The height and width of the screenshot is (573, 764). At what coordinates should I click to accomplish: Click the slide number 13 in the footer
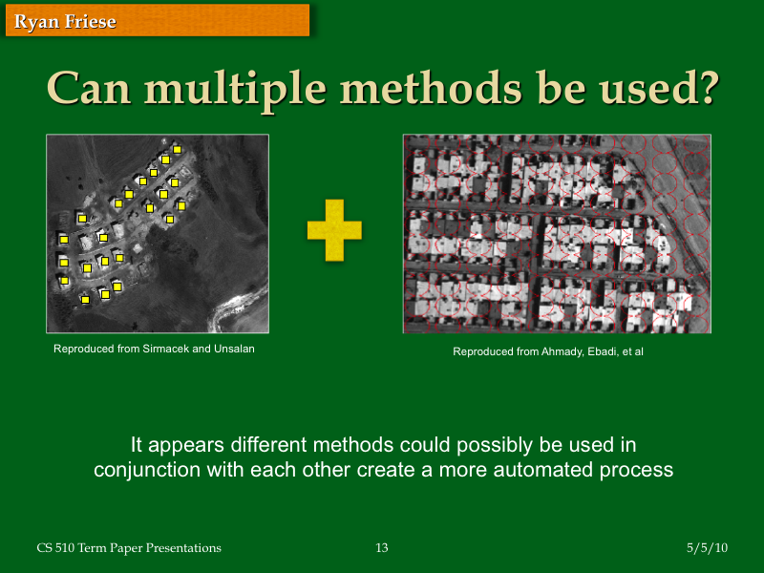[382, 548]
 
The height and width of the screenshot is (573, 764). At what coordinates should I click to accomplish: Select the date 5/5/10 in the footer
[707, 548]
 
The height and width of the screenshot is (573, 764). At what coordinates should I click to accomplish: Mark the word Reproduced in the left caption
[84, 349]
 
